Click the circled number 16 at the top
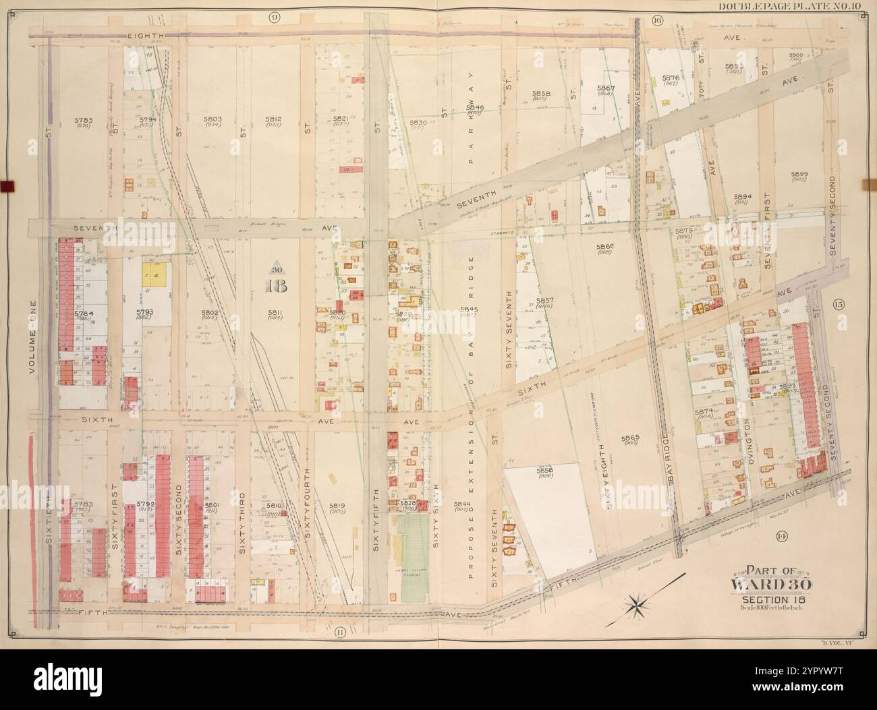tap(657, 20)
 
